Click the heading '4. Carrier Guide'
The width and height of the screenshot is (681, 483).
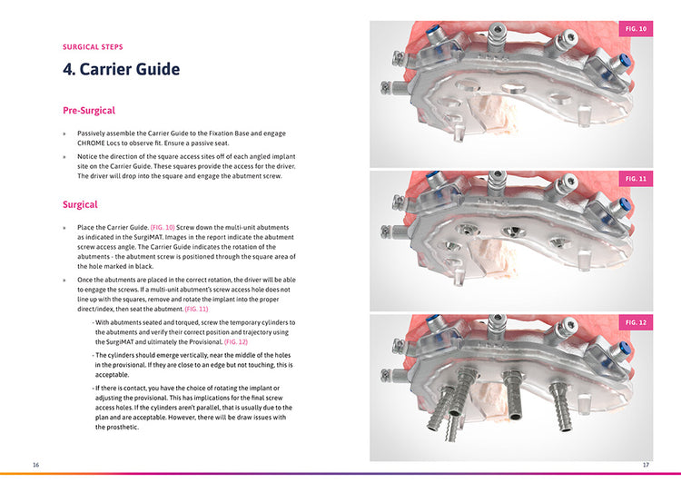pos(121,70)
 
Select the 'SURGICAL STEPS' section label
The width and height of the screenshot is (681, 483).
pos(93,46)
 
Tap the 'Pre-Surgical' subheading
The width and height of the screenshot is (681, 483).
pos(88,111)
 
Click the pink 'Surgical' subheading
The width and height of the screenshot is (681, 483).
pos(80,205)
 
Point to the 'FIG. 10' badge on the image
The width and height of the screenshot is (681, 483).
pos(637,30)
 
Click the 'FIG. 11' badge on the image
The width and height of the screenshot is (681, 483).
pos(637,179)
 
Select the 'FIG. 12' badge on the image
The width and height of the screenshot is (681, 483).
pos(637,323)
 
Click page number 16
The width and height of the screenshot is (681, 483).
pos(35,465)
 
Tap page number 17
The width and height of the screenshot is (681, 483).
pos(646,465)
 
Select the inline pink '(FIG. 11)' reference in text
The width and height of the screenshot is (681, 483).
pos(196,309)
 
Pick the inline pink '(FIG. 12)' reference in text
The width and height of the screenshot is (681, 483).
pos(235,341)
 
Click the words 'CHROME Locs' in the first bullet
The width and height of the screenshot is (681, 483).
pos(101,143)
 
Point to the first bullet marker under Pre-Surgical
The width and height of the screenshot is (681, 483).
pos(64,133)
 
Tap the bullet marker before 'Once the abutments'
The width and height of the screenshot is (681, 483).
pos(64,281)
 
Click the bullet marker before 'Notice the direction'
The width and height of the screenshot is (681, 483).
pos(64,156)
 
